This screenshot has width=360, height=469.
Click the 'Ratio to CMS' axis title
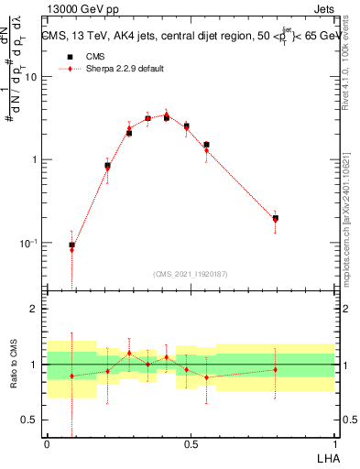click(x=15, y=365)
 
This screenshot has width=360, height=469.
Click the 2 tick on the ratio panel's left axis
click(x=35, y=310)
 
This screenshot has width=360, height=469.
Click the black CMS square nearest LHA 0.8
click(x=276, y=218)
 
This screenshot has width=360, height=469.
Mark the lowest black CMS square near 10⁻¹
click(x=72, y=245)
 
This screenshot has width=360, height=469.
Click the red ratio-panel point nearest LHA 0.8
click(x=276, y=369)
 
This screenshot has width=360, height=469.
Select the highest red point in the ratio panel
click(x=129, y=353)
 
